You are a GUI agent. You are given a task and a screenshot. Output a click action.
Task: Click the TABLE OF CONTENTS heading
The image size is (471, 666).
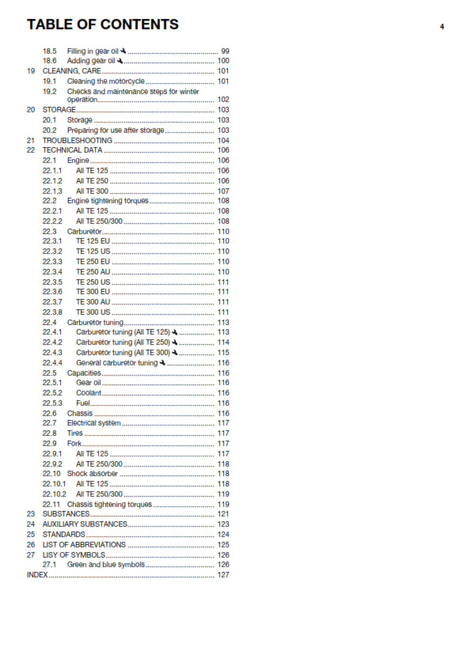103,25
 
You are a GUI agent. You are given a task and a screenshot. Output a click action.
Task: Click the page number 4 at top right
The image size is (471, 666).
442,26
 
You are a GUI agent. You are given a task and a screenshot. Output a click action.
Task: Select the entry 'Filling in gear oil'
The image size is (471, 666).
93,51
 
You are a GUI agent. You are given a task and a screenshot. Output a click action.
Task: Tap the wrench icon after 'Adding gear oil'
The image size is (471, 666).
120,61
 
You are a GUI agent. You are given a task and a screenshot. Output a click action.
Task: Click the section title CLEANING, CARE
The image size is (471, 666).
71,71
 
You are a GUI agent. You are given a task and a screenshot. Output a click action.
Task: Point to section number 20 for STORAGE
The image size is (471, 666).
30,110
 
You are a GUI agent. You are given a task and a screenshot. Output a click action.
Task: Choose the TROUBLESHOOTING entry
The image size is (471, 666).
77,140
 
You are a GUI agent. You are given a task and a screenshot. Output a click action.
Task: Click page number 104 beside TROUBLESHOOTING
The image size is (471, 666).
223,140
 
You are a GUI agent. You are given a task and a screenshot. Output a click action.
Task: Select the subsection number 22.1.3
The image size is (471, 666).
52,191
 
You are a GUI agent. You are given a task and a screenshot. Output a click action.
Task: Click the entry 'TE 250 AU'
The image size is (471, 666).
93,271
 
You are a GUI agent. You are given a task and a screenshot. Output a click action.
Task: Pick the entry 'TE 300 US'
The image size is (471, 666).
93,312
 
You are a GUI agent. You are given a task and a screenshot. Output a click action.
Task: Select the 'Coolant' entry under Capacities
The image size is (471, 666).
88,393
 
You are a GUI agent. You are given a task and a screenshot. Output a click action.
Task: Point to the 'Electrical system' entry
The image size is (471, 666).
94,423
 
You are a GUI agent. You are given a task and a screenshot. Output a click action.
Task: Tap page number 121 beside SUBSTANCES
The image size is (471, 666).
223,514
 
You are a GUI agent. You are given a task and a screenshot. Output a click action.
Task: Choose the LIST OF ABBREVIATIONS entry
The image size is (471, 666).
84,544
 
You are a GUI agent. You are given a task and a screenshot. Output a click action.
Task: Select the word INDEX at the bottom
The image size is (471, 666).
37,575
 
